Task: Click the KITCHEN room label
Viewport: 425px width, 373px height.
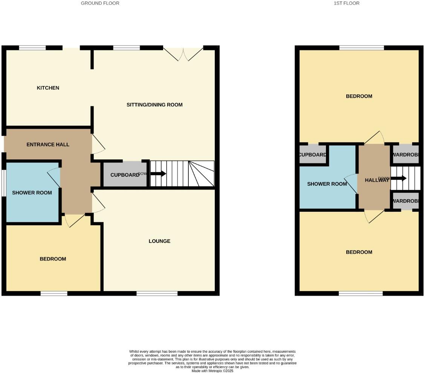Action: click(48, 88)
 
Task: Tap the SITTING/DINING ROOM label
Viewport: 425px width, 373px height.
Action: click(154, 105)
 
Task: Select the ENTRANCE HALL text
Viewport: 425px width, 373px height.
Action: click(48, 144)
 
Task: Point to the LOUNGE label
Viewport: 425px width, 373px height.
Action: click(159, 241)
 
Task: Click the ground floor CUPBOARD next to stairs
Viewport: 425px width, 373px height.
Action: click(125, 174)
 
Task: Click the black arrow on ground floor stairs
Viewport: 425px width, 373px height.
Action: click(158, 174)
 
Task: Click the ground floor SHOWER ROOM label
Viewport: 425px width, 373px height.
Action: click(32, 193)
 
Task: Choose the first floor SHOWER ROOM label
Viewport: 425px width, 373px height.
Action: click(327, 184)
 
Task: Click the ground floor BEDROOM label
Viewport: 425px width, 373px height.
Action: click(53, 259)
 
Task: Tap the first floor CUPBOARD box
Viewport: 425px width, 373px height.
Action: click(313, 155)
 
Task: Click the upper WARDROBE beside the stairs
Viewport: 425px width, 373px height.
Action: click(406, 155)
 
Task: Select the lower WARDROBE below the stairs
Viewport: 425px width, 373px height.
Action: click(406, 202)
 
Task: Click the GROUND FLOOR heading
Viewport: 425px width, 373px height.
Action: click(100, 3)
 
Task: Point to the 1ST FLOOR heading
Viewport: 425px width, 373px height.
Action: click(347, 3)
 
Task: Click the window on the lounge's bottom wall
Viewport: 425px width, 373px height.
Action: click(157, 293)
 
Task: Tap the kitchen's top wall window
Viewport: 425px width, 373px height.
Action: click(32, 48)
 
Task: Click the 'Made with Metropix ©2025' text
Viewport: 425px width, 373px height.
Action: click(212, 371)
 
